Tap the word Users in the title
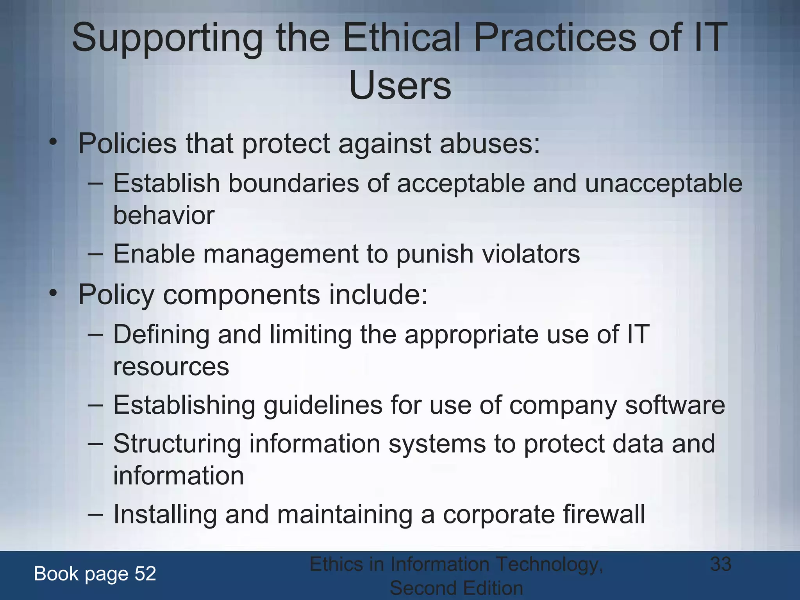tap(400, 86)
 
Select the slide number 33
tap(721, 564)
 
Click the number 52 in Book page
tap(145, 573)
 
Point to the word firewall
tap(604, 514)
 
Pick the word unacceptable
tap(663, 183)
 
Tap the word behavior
tap(164, 215)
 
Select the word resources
tap(171, 367)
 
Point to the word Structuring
tap(177, 444)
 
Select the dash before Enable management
tap(95, 254)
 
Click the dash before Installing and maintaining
tap(95, 514)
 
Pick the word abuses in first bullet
tap(489, 143)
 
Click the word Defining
tap(161, 335)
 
